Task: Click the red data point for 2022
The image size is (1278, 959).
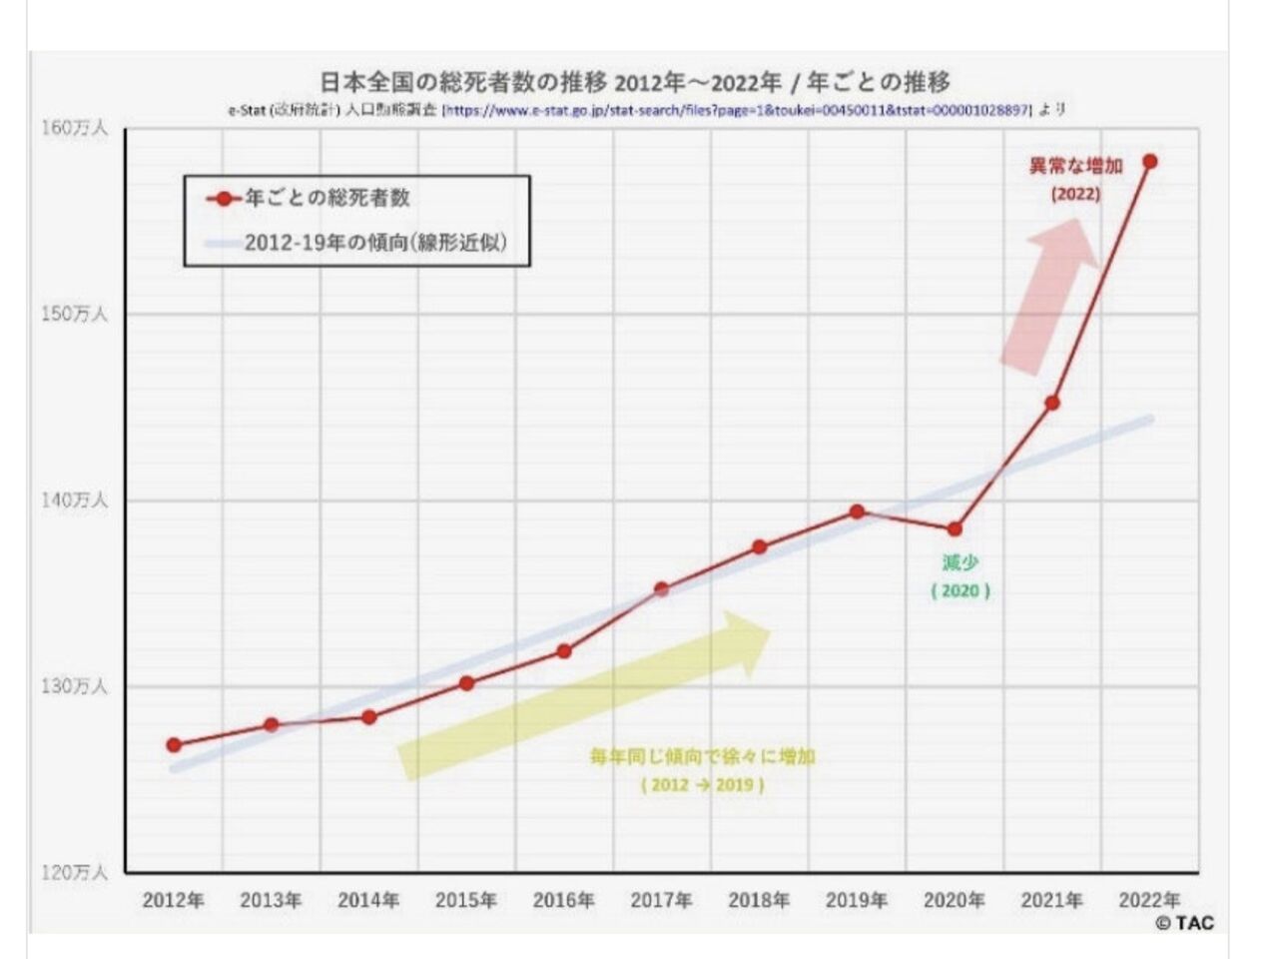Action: (x=1149, y=161)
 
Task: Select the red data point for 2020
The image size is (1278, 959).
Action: (x=955, y=528)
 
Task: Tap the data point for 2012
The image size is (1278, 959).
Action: (x=174, y=744)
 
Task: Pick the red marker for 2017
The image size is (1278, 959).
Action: (x=661, y=589)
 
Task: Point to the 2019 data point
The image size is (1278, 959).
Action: (x=857, y=511)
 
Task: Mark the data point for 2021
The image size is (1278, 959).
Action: (x=1052, y=403)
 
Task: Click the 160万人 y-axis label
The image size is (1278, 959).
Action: (x=74, y=128)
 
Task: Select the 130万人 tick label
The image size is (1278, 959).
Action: (x=74, y=686)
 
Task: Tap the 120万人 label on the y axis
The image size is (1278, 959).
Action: (x=74, y=872)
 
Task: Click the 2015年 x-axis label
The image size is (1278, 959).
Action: (x=465, y=900)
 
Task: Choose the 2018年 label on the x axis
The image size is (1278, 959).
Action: (x=759, y=900)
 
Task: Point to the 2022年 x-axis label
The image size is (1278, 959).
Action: (x=1149, y=900)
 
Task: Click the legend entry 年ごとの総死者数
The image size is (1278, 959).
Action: (x=327, y=198)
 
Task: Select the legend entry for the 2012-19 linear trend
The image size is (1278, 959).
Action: (x=374, y=243)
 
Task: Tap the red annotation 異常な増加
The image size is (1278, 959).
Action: (x=1075, y=166)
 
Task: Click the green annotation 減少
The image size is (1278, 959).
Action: (x=959, y=563)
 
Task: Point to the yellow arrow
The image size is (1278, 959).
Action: (x=584, y=695)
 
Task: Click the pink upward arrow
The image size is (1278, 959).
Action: (x=1048, y=295)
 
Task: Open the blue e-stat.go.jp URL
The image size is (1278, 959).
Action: (x=736, y=110)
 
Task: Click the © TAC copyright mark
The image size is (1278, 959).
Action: (x=1185, y=923)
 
